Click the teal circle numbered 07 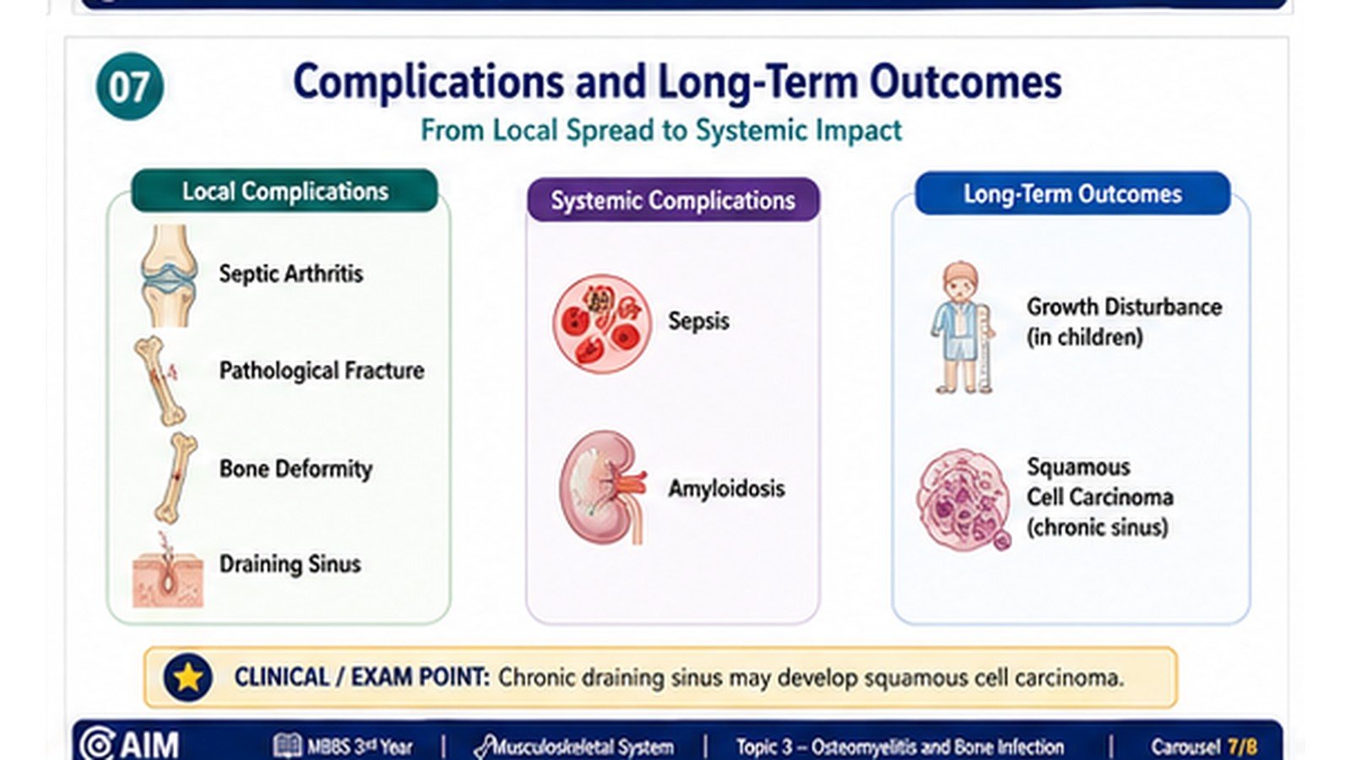click(130, 86)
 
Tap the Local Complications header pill click(285, 191)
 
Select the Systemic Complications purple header click(673, 199)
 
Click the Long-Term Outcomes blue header click(1072, 193)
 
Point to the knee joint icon click(170, 275)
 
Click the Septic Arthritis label click(290, 274)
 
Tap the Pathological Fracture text click(322, 371)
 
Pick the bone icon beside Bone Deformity click(176, 477)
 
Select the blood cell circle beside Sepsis click(602, 324)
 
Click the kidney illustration click(603, 487)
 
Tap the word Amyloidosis click(726, 488)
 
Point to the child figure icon click(962, 328)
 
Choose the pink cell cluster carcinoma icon click(963, 500)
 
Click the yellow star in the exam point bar click(187, 677)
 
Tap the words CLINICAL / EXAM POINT click(362, 677)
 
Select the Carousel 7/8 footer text click(1204, 746)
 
